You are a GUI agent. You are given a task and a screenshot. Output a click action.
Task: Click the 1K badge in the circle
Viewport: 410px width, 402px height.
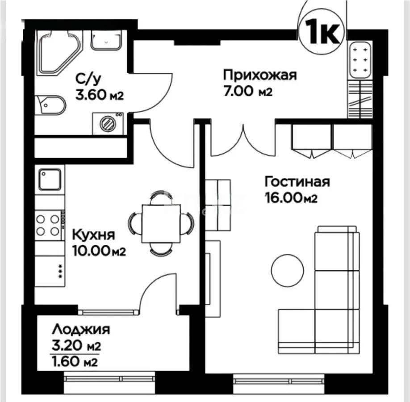coord(321,31)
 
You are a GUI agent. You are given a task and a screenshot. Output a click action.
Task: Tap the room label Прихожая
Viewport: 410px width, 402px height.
coord(259,75)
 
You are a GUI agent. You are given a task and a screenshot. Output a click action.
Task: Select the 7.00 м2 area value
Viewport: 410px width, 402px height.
coord(248,92)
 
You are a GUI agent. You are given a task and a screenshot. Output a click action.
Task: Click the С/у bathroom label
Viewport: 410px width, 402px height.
coord(88,79)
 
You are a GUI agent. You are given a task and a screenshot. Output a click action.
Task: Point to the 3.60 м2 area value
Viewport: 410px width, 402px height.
coord(99,95)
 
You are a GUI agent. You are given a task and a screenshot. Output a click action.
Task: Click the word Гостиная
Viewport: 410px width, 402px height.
coord(297,182)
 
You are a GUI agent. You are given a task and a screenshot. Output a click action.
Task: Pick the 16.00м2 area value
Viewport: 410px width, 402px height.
coord(291,198)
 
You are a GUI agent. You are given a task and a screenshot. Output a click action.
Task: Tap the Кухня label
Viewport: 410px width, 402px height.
coord(94,235)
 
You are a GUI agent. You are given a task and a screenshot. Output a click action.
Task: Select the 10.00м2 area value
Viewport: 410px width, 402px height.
coord(98,251)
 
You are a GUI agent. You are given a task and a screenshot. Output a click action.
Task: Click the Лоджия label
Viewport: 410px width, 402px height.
coord(81,330)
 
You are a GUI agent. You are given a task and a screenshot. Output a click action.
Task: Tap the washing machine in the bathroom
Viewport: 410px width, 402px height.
coord(108,122)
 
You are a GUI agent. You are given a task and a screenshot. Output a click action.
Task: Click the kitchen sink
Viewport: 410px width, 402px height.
coord(50,180)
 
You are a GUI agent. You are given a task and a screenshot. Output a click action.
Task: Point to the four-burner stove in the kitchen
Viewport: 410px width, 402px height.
coord(48,225)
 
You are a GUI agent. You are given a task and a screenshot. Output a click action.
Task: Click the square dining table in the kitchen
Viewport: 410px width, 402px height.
coord(161,223)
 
